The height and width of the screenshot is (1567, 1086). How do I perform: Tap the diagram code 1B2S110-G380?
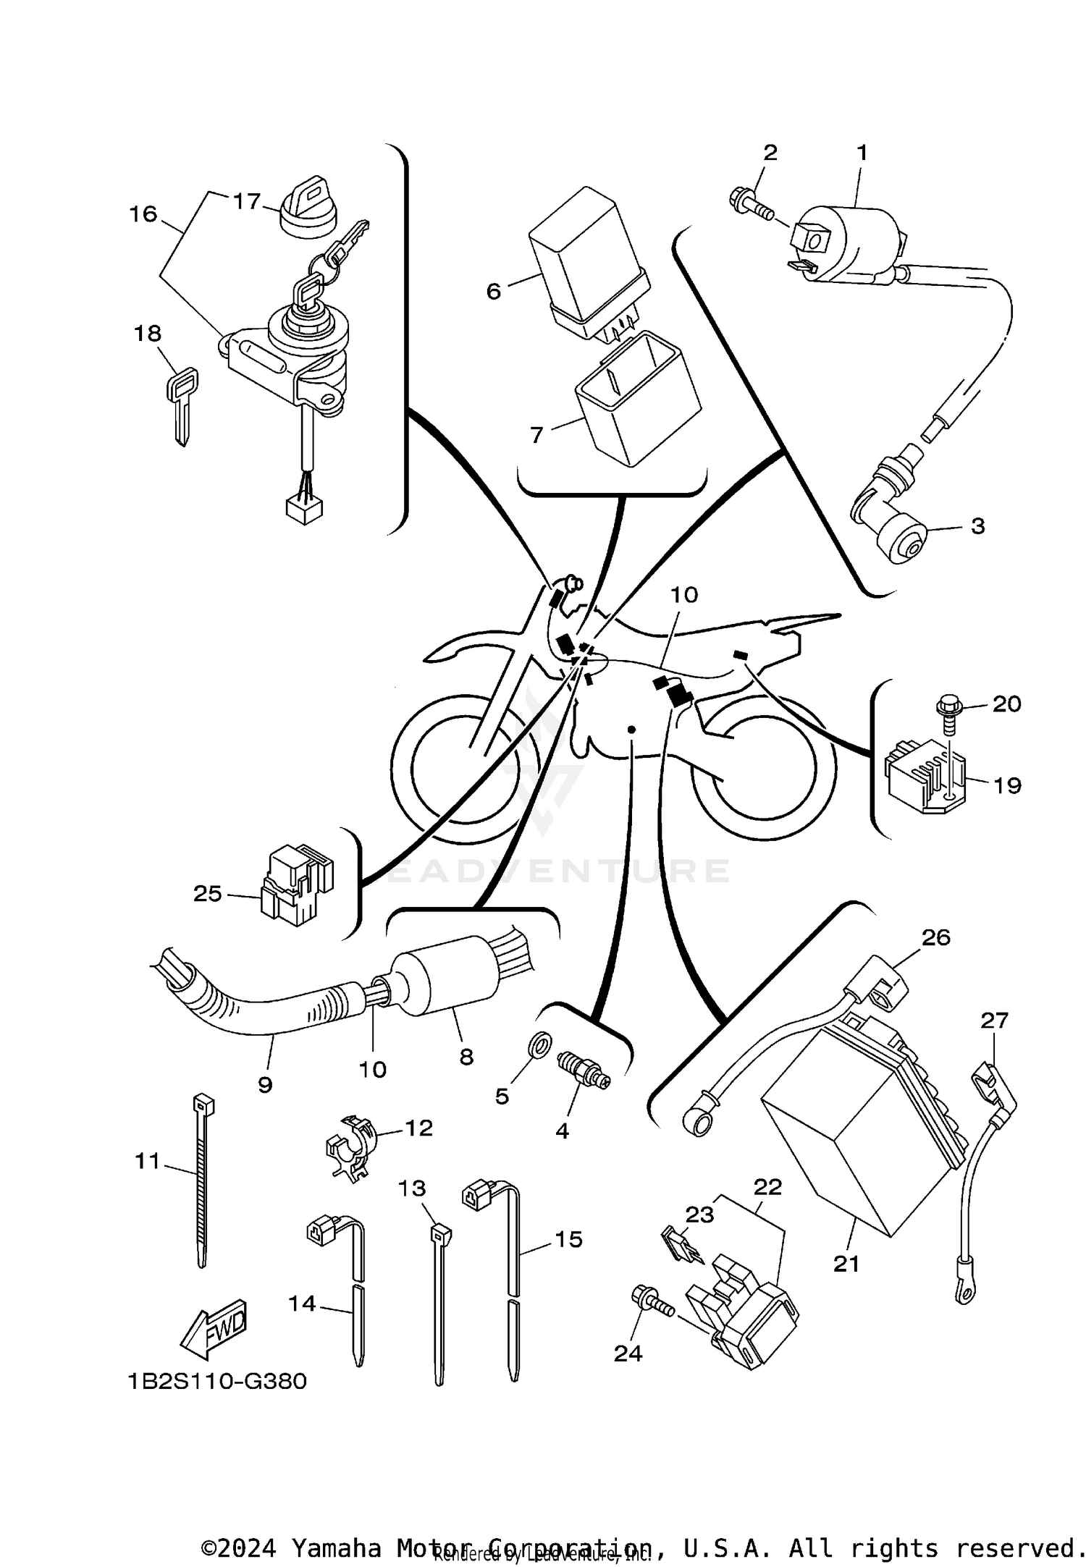217,1381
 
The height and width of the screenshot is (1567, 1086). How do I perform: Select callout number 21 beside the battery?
846,1264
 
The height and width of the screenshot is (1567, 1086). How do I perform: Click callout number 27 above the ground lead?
994,1021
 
